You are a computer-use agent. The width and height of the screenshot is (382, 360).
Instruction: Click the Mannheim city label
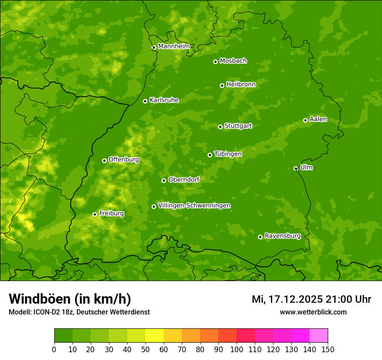click(x=174, y=46)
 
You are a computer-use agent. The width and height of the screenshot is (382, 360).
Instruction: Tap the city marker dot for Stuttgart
click(x=220, y=127)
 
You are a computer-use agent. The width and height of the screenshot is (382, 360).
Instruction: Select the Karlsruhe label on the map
click(x=164, y=100)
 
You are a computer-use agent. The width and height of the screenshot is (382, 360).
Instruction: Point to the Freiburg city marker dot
click(x=95, y=214)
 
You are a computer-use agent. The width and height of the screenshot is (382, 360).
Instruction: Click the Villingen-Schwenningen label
click(x=194, y=206)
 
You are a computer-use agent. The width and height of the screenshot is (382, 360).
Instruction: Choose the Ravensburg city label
click(x=283, y=236)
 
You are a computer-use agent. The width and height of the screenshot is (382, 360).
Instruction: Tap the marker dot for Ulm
click(x=296, y=168)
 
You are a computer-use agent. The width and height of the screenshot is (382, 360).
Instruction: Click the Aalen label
click(x=318, y=119)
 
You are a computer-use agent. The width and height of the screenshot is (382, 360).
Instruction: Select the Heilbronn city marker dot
click(x=222, y=85)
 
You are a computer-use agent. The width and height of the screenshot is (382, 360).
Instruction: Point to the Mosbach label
click(x=233, y=61)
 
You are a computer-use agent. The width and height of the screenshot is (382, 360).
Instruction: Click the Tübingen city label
click(x=228, y=154)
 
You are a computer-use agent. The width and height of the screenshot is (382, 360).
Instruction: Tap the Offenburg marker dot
click(x=104, y=160)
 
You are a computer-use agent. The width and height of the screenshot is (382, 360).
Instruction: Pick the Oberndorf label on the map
click(x=184, y=180)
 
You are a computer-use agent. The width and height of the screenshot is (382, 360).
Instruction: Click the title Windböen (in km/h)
click(x=70, y=299)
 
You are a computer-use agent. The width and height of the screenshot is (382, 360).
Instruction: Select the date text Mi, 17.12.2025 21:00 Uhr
click(x=311, y=299)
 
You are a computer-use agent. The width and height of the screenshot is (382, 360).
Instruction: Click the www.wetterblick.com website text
click(x=313, y=312)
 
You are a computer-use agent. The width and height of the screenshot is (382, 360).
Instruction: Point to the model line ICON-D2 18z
click(x=79, y=312)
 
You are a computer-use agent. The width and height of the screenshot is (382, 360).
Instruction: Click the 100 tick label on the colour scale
click(x=237, y=349)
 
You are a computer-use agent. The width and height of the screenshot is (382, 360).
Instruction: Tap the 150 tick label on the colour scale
click(x=328, y=349)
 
